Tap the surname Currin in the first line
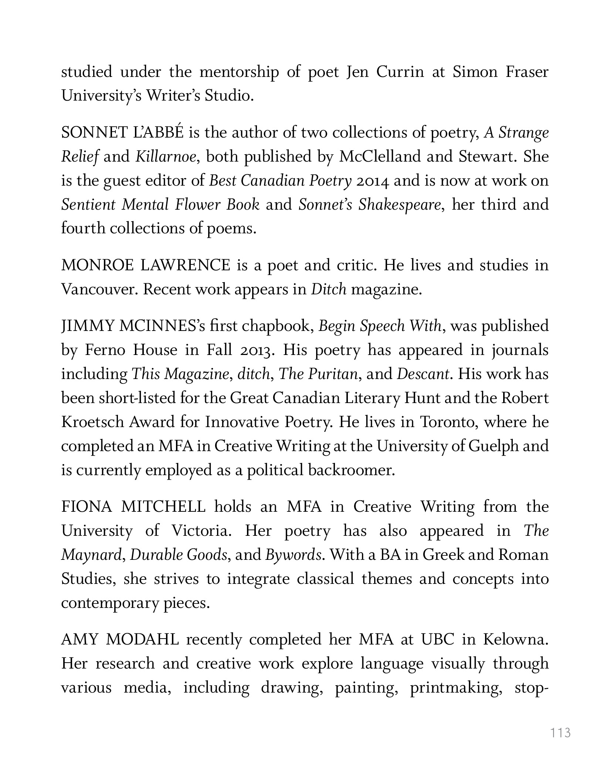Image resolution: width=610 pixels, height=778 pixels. tap(400, 72)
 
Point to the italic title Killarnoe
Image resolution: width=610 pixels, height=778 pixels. tap(166, 157)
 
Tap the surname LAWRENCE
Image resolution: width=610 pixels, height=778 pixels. tap(185, 265)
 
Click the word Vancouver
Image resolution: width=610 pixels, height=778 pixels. tap(99, 289)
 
